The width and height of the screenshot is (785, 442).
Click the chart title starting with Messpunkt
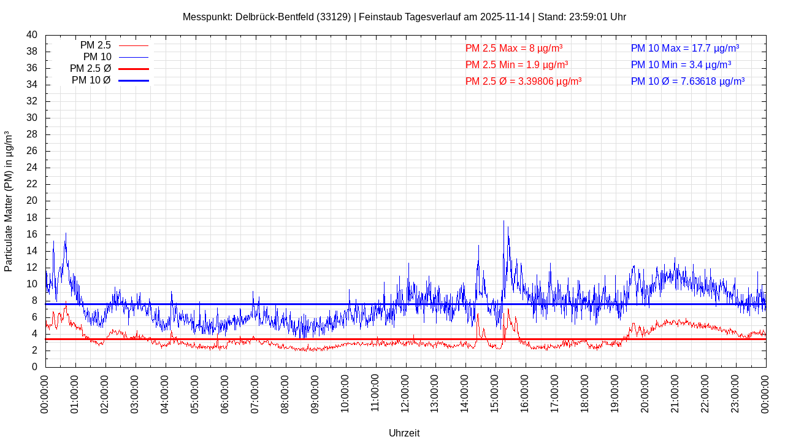point(404,17)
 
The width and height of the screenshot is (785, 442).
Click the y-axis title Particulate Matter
point(9,201)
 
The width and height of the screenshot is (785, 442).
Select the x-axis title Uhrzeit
point(404,433)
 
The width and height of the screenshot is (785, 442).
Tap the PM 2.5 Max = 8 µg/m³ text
point(514,48)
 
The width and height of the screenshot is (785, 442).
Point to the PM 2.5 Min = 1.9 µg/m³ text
point(516,64)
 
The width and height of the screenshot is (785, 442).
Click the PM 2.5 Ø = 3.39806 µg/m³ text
point(523,81)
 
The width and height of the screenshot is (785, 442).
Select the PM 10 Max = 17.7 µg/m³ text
point(685,48)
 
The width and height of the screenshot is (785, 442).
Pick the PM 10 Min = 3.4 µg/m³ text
point(681,64)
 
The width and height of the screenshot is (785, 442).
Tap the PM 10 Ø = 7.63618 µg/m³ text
point(687,81)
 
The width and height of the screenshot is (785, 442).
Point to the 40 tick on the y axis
point(32,35)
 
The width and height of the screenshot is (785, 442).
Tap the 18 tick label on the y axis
point(32,217)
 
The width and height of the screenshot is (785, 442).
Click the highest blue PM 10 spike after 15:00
point(504,222)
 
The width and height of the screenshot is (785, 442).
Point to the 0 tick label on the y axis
point(34,367)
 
